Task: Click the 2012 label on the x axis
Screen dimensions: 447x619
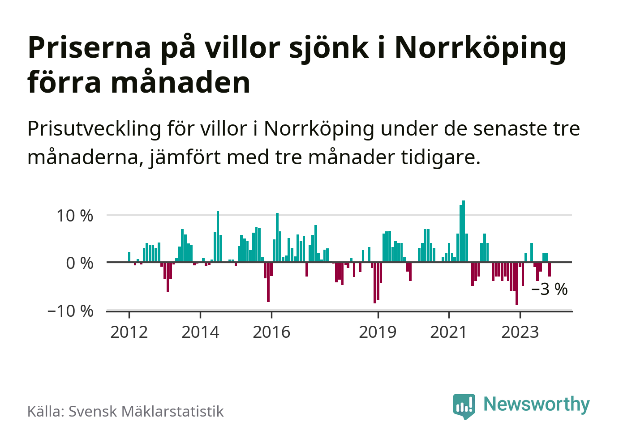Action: (129, 332)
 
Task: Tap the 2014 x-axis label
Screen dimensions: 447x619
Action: (200, 332)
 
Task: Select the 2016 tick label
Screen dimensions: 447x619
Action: (271, 332)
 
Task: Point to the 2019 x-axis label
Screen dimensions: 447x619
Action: (378, 332)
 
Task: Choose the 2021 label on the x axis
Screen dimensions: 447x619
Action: (448, 332)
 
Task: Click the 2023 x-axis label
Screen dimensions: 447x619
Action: (520, 332)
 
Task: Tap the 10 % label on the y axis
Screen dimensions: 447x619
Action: (75, 216)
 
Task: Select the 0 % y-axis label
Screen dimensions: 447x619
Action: (80, 263)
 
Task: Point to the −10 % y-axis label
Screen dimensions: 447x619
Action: (70, 311)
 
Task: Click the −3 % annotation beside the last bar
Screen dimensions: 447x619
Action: (550, 289)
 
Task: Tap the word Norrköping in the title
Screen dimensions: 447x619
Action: (480, 48)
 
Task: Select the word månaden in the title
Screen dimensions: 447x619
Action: (181, 83)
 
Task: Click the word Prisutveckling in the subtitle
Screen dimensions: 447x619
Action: (94, 129)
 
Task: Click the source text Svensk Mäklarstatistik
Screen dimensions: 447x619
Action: (146, 412)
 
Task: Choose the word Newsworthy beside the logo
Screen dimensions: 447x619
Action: (537, 404)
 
